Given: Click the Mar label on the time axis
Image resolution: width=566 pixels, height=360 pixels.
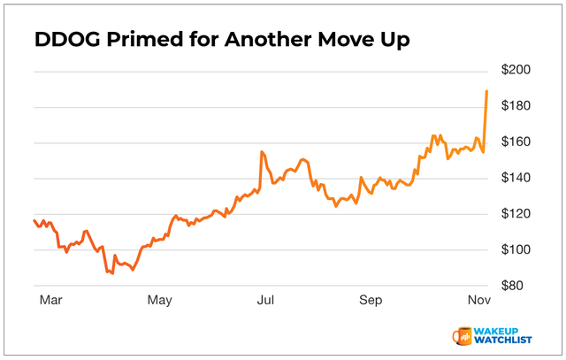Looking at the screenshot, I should (51, 301).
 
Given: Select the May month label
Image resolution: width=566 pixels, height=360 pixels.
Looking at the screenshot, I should (160, 301).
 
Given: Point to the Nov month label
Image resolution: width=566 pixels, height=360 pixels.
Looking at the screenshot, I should (478, 301).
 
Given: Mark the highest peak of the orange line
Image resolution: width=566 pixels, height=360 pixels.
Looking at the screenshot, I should (486, 91).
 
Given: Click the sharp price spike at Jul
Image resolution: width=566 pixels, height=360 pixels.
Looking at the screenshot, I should (262, 152).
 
